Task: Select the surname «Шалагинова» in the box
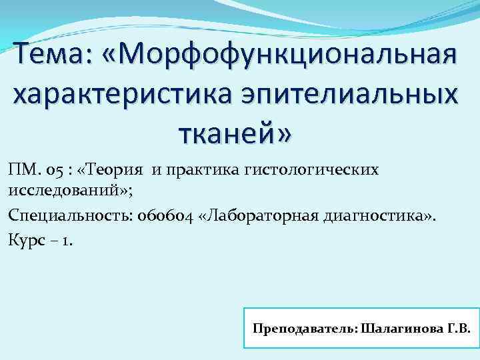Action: pos(396,329)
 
